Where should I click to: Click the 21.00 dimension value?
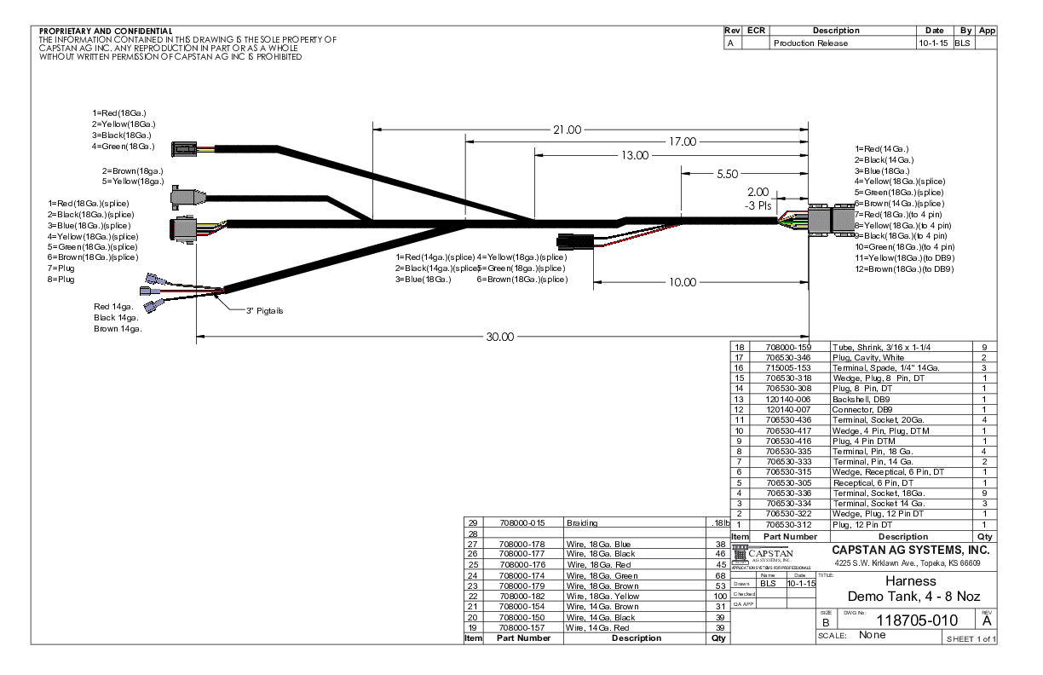(567, 130)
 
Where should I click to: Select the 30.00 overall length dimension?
(500, 336)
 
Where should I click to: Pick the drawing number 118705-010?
(907, 620)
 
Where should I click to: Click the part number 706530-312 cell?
(788, 525)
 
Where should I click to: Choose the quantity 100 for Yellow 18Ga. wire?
(718, 596)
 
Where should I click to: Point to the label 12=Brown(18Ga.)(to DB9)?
(903, 269)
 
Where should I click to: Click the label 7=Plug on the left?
(61, 268)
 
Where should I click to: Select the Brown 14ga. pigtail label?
(118, 328)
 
